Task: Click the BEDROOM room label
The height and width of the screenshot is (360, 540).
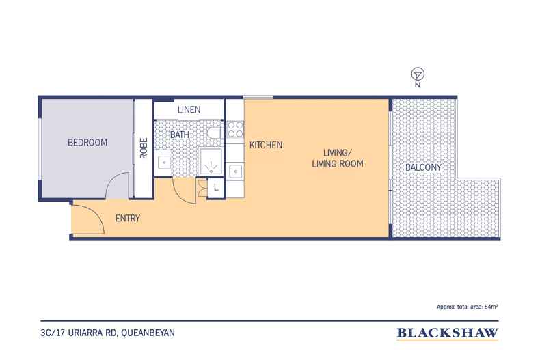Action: [x=87, y=143]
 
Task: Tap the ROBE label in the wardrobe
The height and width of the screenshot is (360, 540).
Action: [x=144, y=148]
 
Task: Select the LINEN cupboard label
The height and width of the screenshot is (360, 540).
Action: [x=189, y=110]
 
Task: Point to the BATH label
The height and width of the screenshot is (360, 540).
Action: [x=179, y=135]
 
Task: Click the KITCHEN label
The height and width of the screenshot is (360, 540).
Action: [x=266, y=145]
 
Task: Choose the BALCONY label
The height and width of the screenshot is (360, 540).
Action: [x=423, y=167]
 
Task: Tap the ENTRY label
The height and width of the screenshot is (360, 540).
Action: [x=128, y=218]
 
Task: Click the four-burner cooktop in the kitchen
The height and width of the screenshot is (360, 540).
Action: [x=235, y=130]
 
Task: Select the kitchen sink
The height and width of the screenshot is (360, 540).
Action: [x=235, y=171]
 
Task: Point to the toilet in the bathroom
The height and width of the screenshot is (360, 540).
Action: [x=215, y=133]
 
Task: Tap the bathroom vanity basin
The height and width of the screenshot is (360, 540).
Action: [x=164, y=162]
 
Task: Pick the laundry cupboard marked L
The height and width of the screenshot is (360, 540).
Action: [x=216, y=188]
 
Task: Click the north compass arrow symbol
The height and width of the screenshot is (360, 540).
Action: [x=418, y=74]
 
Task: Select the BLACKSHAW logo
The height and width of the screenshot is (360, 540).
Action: [x=447, y=333]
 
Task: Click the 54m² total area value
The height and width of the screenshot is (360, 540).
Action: [x=491, y=307]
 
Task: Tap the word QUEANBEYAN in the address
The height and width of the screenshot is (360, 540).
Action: [x=148, y=333]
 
